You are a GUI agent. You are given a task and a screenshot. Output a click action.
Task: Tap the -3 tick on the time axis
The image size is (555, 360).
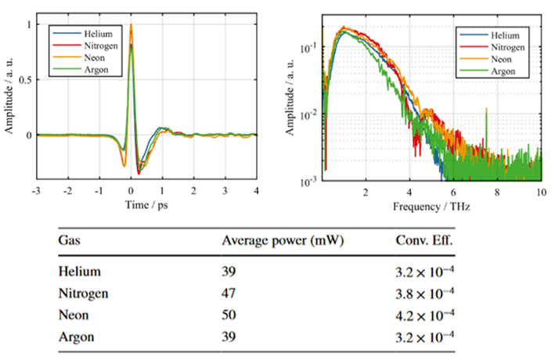pos(36,190)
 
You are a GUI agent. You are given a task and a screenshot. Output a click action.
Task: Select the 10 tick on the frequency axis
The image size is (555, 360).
pos(541,190)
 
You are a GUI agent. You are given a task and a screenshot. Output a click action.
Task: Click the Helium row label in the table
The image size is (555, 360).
pos(79,272)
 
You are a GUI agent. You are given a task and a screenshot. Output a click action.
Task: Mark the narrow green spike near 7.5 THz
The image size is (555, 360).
pos(486,117)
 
